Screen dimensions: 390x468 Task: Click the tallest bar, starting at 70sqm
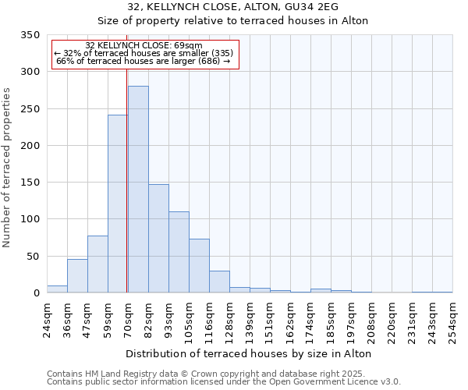coord(138,190)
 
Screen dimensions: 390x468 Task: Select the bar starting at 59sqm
coord(118,204)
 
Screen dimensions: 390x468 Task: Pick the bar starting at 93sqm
coord(179,252)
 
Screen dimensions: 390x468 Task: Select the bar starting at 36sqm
coord(77,276)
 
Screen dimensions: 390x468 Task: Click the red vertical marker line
coord(127,172)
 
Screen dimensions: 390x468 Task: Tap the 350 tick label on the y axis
coord(30,35)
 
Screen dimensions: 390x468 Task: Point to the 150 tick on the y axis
coord(30,183)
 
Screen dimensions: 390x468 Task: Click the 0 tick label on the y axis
coord(36,293)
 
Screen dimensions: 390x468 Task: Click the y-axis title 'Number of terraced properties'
coord(8,168)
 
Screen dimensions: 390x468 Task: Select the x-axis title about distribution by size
coord(248,353)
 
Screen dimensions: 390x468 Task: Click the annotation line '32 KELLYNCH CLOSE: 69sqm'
coord(144,45)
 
